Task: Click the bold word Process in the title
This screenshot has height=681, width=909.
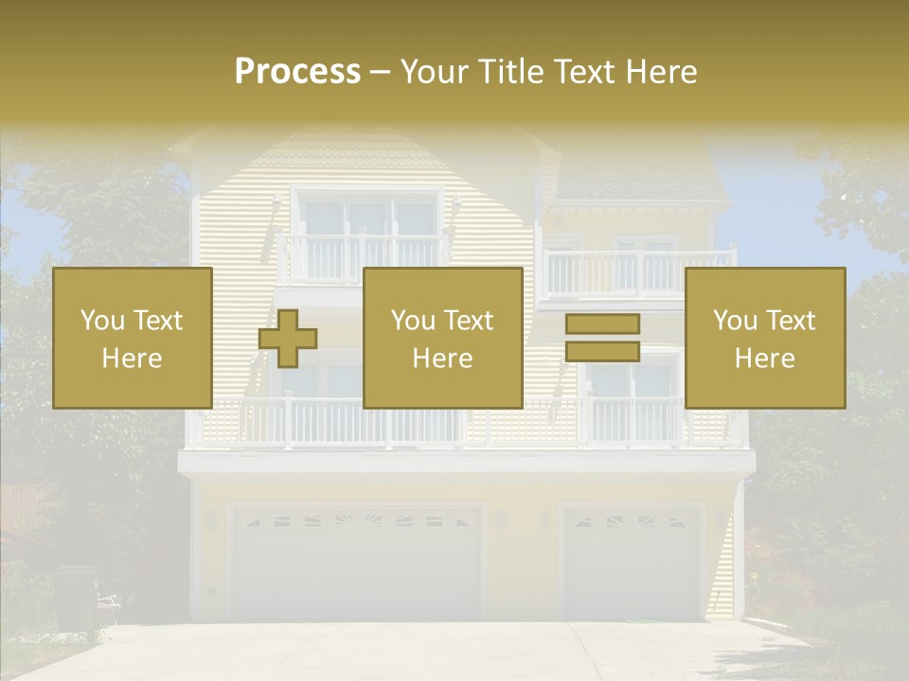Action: (297, 72)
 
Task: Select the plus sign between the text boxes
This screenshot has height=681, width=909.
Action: (288, 338)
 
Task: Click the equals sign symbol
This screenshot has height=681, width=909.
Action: (602, 338)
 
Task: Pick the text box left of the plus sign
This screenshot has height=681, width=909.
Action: (133, 338)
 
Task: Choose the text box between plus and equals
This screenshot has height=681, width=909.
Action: (442, 338)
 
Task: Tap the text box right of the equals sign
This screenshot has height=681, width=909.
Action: (765, 338)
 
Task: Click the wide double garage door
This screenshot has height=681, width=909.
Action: (356, 564)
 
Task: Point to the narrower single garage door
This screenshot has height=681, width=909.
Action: (633, 562)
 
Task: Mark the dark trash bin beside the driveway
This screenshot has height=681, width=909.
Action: (77, 596)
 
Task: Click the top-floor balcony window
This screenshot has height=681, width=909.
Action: (367, 218)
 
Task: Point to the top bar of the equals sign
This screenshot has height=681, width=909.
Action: (602, 324)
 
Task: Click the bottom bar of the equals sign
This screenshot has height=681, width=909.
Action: (602, 352)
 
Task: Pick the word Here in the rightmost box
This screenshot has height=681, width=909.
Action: (765, 358)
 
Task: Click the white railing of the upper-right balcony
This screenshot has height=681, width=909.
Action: (639, 272)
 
